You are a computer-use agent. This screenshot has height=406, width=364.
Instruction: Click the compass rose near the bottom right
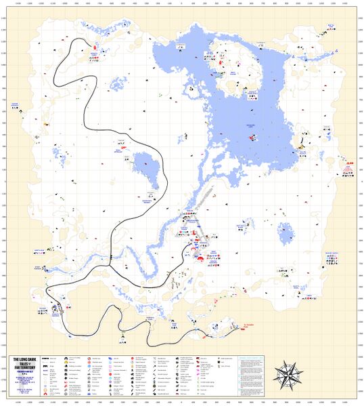pos(289,373)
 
